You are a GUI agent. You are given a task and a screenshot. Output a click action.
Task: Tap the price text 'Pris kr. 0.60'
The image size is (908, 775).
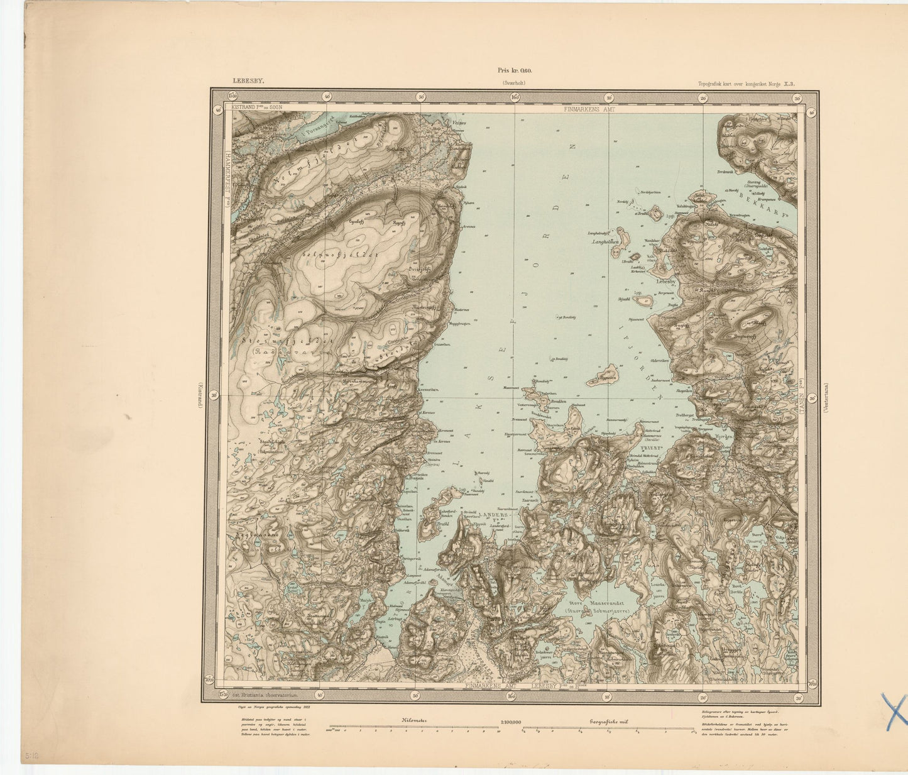pyautogui.click(x=515, y=72)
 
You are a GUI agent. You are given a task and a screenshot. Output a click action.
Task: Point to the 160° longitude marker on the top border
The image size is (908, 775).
pyautogui.click(x=515, y=97)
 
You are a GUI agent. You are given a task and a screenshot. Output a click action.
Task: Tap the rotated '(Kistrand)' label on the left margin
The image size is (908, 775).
pyautogui.click(x=200, y=396)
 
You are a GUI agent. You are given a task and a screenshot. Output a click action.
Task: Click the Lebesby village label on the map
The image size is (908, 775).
pyautogui.click(x=665, y=282)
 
